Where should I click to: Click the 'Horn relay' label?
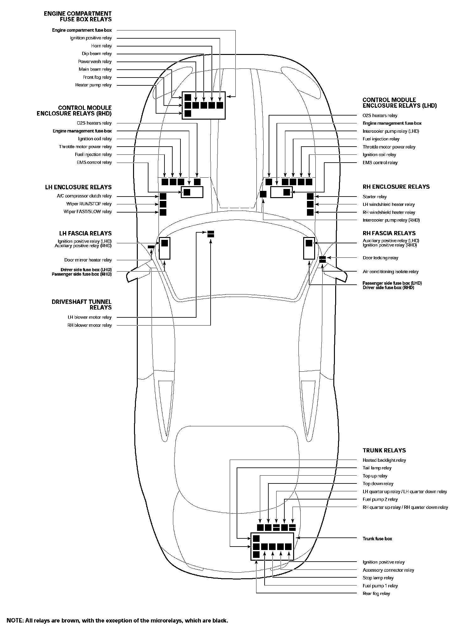pos(101,46)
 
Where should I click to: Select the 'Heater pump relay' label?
pos(93,85)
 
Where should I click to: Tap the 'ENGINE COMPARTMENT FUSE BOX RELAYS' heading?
pos(78,16)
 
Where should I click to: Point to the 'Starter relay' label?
pos(374,197)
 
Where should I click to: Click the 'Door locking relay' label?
pos(380,258)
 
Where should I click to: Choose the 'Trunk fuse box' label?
pos(377,539)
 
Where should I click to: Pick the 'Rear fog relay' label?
pos(376,594)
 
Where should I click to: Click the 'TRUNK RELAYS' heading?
pos(384,450)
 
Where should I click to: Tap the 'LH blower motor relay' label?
pos(89,317)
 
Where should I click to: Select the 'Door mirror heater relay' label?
pos(88,260)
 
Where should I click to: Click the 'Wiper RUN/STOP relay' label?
pos(89,204)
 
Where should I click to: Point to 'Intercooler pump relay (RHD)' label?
pos(391,220)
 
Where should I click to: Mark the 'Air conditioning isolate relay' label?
pos(390,272)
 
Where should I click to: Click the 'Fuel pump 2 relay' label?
pos(380,499)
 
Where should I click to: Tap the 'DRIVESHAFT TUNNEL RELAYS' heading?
pos(82,305)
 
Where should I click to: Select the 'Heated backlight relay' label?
pos(384,460)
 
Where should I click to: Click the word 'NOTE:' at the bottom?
pos(15,621)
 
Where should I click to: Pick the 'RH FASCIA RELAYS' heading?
pos(389,233)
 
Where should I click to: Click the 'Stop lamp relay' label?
pos(378,578)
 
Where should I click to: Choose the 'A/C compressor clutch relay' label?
pos(84,196)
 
